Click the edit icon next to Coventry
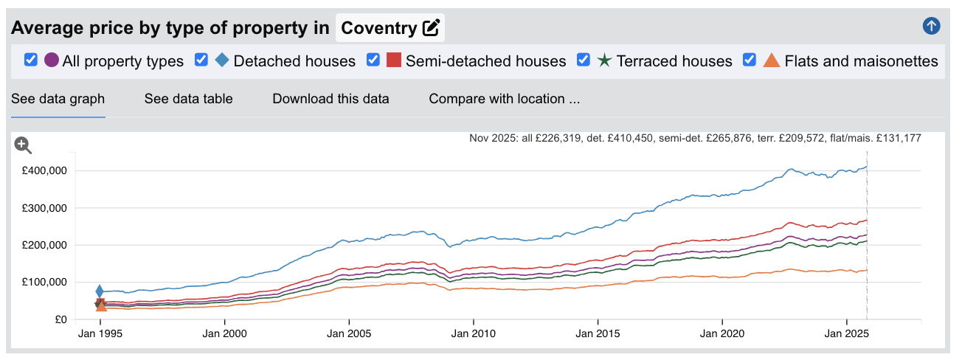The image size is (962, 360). (431, 28)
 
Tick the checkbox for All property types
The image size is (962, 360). (31, 60)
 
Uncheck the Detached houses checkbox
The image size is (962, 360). (201, 60)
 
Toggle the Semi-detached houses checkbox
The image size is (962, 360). (373, 60)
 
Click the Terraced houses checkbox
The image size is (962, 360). (584, 60)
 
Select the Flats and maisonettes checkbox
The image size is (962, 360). (750, 60)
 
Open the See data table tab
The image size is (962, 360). (188, 99)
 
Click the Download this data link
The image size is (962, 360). (331, 99)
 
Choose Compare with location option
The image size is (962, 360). (504, 99)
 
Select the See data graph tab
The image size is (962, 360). (58, 99)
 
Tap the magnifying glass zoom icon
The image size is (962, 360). (23, 145)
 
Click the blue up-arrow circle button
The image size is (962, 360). (931, 27)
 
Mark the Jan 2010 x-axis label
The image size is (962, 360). (474, 333)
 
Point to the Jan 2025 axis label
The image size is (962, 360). (846, 333)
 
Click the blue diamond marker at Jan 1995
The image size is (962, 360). (100, 291)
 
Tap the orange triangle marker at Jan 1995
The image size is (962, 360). (101, 305)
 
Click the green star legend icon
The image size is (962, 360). (604, 60)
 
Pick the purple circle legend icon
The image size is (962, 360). (52, 60)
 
